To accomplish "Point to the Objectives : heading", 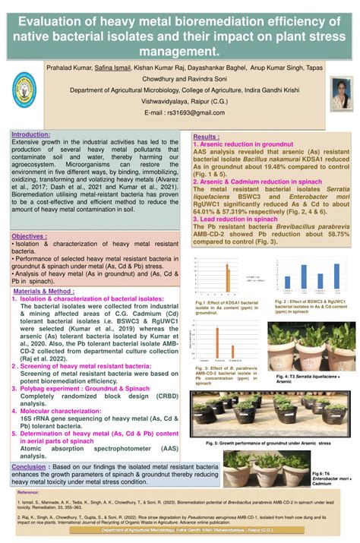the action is [29, 236].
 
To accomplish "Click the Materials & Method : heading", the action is [44, 291].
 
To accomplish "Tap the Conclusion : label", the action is [29, 466].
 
